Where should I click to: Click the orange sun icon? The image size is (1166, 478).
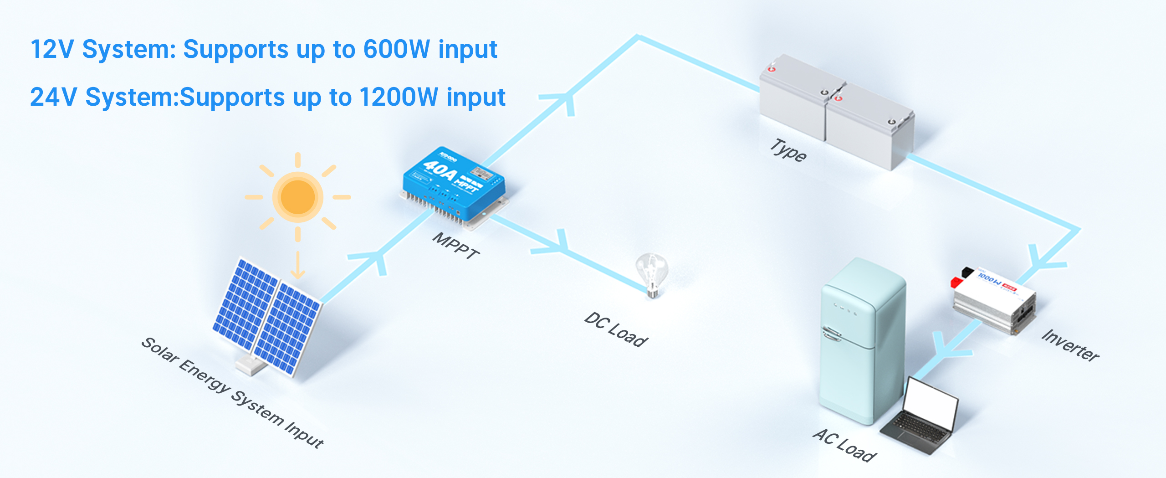(298, 197)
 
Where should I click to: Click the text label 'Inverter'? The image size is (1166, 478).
(1070, 345)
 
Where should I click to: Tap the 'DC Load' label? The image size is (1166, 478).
(616, 329)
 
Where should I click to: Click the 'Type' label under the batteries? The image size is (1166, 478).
(788, 150)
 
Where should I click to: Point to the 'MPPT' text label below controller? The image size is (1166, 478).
(455, 246)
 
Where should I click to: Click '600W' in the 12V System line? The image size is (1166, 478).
(396, 49)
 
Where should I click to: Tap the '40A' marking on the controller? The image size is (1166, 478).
(440, 170)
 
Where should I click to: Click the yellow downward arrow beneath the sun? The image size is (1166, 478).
(298, 266)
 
